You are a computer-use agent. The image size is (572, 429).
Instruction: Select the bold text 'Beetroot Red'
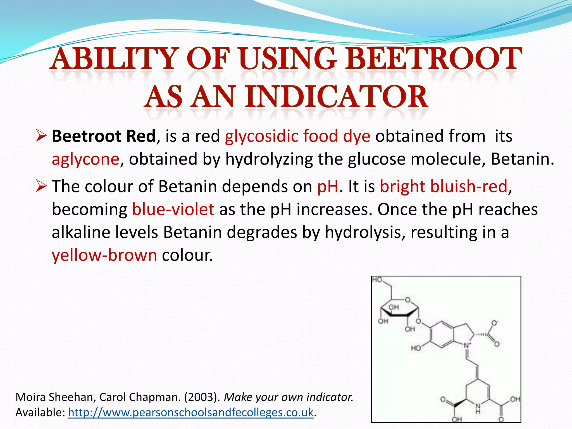[x=104, y=136]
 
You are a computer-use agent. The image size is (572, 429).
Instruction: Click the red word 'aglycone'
[x=86, y=159]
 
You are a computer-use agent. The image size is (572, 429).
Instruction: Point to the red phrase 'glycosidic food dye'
[x=298, y=136]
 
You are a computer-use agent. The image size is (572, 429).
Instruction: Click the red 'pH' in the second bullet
[x=328, y=186]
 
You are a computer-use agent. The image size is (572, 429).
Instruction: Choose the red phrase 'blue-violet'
[x=173, y=209]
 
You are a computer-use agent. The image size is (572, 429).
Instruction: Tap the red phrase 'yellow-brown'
[x=104, y=255]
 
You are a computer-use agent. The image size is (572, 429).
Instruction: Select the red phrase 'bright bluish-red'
[x=444, y=186]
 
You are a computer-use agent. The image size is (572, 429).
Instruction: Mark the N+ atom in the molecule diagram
[x=467, y=345]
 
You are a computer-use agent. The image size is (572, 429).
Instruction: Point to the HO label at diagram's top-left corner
[x=377, y=280]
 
